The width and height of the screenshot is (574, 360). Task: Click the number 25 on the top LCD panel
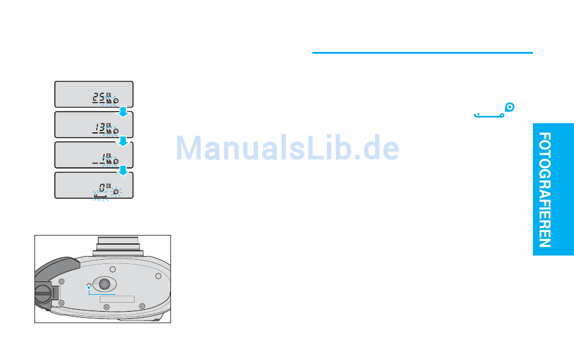pos(98,98)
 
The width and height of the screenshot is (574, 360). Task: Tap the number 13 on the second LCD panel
pos(99,128)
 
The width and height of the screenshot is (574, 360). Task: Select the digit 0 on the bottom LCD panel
pos(102,188)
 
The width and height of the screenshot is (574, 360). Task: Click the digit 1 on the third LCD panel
pos(103,158)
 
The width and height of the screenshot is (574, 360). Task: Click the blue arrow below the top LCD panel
pos(123,112)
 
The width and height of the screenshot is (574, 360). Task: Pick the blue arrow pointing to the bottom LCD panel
pos(123,170)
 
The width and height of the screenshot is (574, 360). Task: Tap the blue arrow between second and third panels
pos(123,141)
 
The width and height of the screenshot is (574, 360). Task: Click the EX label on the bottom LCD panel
pos(109,186)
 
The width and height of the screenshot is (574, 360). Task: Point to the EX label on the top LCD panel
pos(109,95)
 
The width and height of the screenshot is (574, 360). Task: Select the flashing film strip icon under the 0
pos(101,197)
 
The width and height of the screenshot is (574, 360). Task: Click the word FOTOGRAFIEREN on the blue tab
pos(545,190)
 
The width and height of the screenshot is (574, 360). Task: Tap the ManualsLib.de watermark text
pos(288,148)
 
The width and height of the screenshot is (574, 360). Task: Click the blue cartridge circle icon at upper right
pos(509,107)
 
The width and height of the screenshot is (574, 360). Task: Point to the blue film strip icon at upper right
pos(489,115)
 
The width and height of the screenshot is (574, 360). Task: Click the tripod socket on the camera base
pos(105,284)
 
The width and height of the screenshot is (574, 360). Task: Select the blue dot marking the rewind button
pos(89,288)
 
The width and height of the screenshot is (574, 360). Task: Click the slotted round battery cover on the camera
pos(43,293)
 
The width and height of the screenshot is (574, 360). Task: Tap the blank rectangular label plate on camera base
pos(117,299)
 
